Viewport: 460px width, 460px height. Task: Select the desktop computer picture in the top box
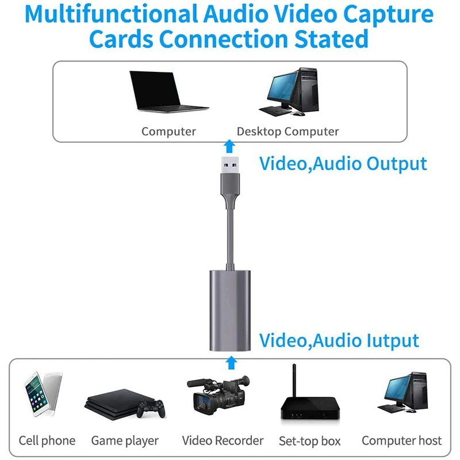290,92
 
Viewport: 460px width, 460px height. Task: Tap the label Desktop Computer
287,132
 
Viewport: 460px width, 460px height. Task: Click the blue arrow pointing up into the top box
229,145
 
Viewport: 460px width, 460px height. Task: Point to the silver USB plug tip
230,164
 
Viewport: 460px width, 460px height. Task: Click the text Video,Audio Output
343,163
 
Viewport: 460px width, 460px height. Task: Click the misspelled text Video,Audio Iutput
339,340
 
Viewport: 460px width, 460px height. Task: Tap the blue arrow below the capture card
231,362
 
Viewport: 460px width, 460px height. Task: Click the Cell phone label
47,441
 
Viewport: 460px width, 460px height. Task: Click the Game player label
125,441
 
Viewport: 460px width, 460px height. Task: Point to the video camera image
218,397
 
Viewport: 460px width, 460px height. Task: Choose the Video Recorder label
223,441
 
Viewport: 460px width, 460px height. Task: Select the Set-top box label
309,442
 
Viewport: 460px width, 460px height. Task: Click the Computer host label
401,441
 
